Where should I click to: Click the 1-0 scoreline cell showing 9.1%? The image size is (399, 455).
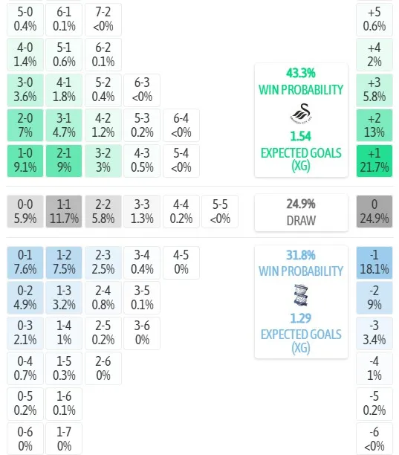(x=25, y=161)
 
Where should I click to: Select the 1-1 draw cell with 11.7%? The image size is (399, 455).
(x=64, y=212)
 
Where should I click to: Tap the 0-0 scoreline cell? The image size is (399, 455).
(x=25, y=212)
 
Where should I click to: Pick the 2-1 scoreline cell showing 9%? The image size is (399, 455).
(x=64, y=161)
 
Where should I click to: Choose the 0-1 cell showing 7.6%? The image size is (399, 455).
(x=25, y=262)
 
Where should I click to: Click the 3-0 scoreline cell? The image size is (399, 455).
(x=25, y=90)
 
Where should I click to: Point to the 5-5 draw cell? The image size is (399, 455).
(x=220, y=212)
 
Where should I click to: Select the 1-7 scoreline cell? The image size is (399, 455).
(x=64, y=439)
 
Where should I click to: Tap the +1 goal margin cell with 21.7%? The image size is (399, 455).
(x=374, y=161)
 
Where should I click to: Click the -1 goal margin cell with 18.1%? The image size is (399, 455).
(x=374, y=262)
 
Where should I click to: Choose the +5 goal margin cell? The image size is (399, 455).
(x=374, y=19)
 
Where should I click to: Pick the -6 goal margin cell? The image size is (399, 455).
(x=374, y=439)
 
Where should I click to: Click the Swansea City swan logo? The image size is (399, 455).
(x=301, y=113)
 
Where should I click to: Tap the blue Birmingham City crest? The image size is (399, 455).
(x=301, y=295)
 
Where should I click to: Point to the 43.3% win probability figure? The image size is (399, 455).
(x=301, y=73)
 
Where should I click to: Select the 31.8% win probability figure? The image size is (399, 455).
(x=301, y=255)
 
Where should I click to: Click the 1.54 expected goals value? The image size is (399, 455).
(x=301, y=136)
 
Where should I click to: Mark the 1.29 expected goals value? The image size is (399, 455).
(x=301, y=318)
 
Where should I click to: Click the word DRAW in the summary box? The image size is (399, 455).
(x=301, y=221)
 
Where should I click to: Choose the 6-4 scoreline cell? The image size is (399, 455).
(x=181, y=126)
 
